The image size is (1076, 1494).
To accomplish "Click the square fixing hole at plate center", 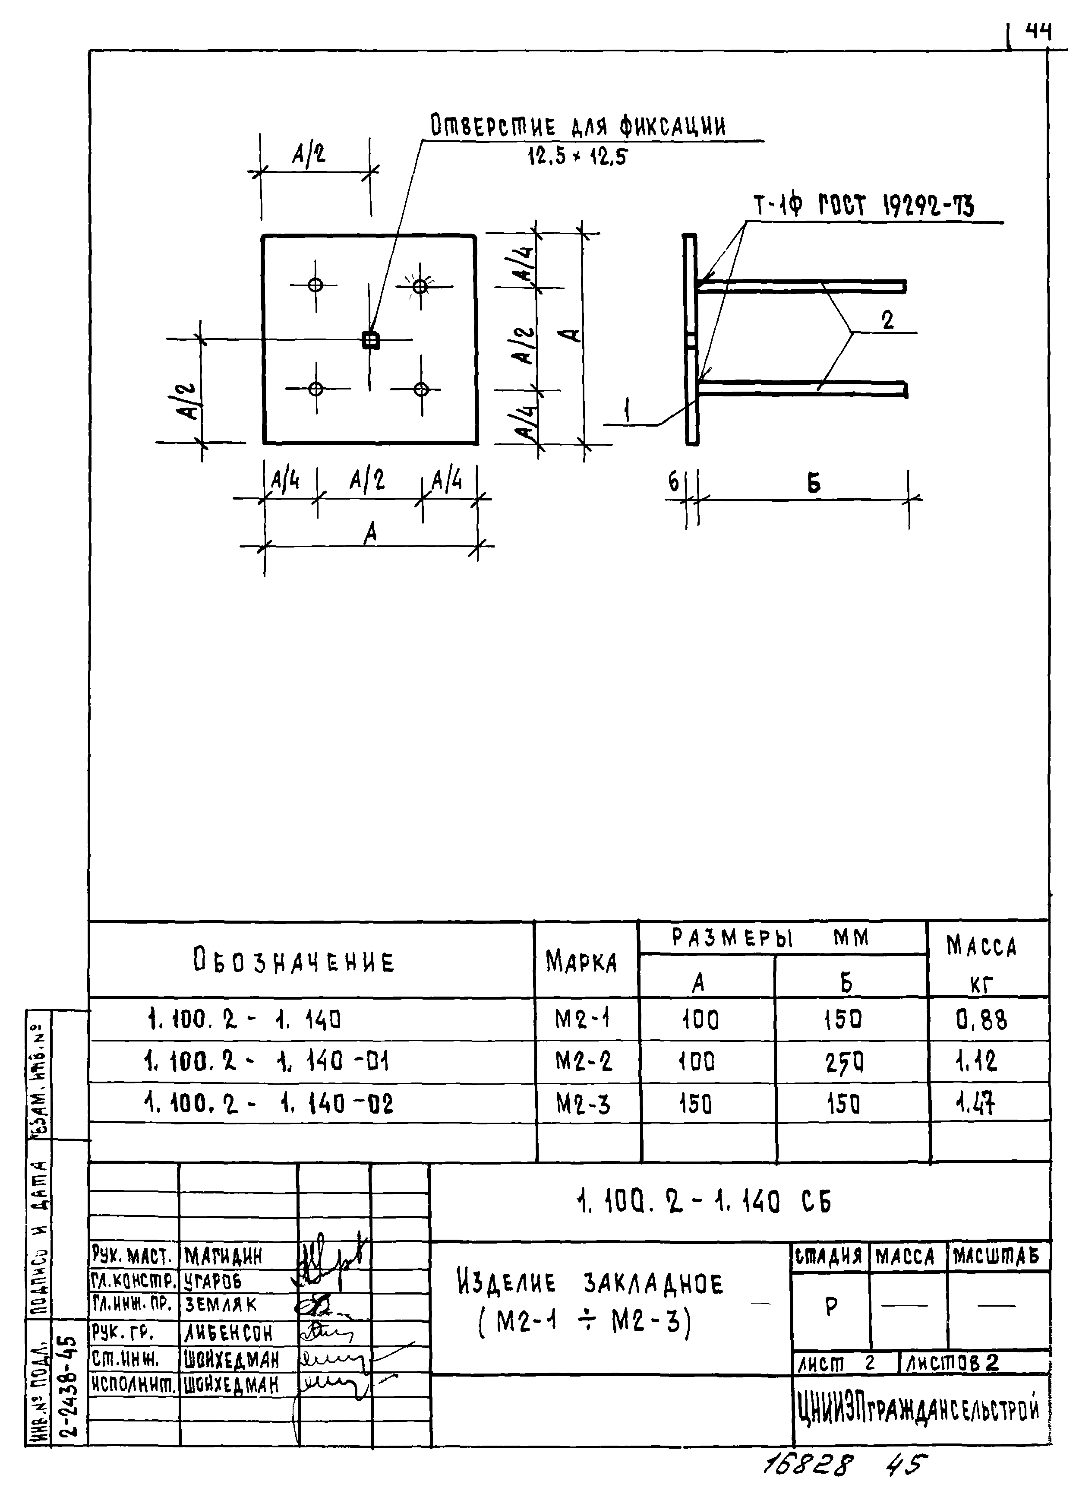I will tap(371, 340).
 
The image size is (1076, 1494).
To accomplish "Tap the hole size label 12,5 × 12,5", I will tap(577, 157).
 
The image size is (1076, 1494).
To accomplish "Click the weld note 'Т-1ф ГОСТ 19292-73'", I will tap(863, 206).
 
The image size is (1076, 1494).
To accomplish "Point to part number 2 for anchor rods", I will tap(888, 321).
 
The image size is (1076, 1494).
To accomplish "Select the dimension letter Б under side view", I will tap(814, 484).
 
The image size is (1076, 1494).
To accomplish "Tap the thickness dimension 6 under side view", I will tap(673, 483).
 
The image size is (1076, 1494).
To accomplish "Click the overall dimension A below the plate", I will tap(371, 533).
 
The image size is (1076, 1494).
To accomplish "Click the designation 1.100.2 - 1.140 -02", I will tap(268, 1103).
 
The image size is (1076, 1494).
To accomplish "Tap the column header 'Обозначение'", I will tap(293, 961).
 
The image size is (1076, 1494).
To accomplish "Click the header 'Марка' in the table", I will tap(581, 963).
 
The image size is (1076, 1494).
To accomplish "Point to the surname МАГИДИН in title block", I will tap(223, 1256).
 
